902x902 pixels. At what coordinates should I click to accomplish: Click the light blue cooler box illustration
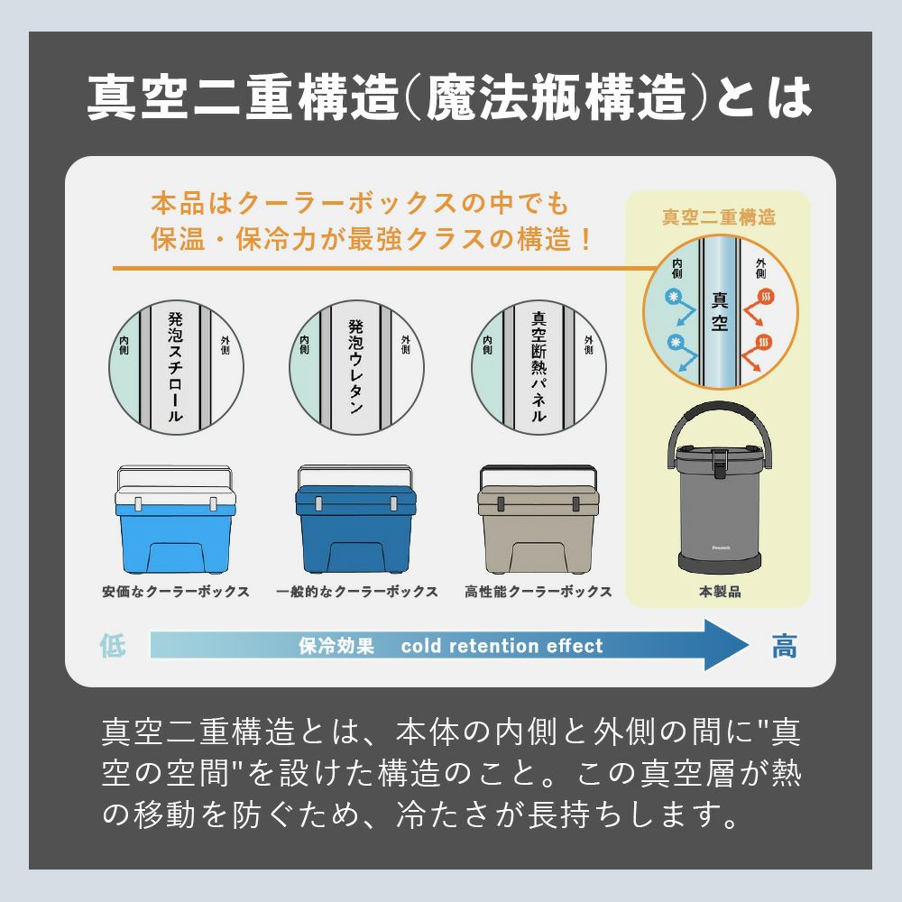(x=175, y=520)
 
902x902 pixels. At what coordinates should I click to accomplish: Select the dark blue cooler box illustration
(x=355, y=520)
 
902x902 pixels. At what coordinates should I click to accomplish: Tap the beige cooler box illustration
(x=538, y=520)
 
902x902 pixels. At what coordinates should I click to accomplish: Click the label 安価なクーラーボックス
(x=176, y=592)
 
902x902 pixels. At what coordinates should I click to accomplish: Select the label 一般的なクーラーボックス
(x=356, y=592)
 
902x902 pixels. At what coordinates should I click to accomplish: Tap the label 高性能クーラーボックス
(x=538, y=592)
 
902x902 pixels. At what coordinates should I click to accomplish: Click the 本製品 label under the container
(x=720, y=592)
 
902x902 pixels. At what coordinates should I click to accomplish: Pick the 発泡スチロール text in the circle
(x=176, y=367)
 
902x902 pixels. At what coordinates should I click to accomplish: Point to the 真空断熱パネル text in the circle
(x=538, y=367)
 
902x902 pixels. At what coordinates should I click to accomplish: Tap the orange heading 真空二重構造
(x=719, y=216)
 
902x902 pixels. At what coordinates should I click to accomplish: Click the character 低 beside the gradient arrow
(x=113, y=645)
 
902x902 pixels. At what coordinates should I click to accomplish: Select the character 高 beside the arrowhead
(x=784, y=646)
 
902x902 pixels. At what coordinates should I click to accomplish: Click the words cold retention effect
(x=502, y=646)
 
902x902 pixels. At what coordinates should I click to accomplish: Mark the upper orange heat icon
(x=766, y=298)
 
